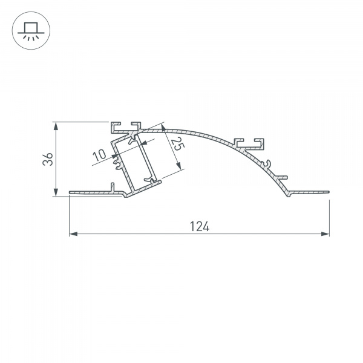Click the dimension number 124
pos(200,227)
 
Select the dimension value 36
pos(49,159)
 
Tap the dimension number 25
pos(177,146)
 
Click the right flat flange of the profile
pos(309,192)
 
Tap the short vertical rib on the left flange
pos(113,186)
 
